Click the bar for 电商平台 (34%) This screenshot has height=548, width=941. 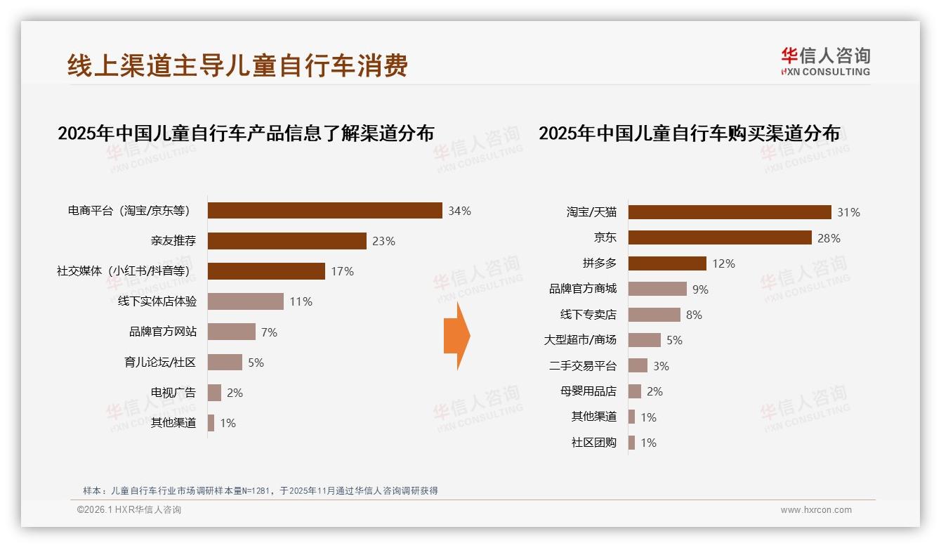324,211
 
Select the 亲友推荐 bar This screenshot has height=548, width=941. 287,241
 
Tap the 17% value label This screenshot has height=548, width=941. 342,271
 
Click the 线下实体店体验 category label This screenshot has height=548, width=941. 157,301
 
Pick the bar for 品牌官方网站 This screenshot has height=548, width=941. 232,332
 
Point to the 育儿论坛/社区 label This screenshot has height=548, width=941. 159,363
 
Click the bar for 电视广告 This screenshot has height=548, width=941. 214,393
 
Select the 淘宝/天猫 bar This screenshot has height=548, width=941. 730,212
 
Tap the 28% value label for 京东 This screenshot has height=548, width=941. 829,238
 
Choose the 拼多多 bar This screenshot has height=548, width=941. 667,263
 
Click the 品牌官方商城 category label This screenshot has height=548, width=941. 583,289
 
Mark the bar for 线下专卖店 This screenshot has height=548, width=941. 654,315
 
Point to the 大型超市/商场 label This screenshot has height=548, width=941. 580,340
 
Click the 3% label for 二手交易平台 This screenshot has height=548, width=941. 661,366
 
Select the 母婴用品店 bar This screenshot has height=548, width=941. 635,391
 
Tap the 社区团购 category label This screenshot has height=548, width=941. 594,443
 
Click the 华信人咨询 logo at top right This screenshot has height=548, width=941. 826,61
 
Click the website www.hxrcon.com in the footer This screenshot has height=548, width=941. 816,510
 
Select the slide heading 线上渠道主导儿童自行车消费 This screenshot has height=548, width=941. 237,65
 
